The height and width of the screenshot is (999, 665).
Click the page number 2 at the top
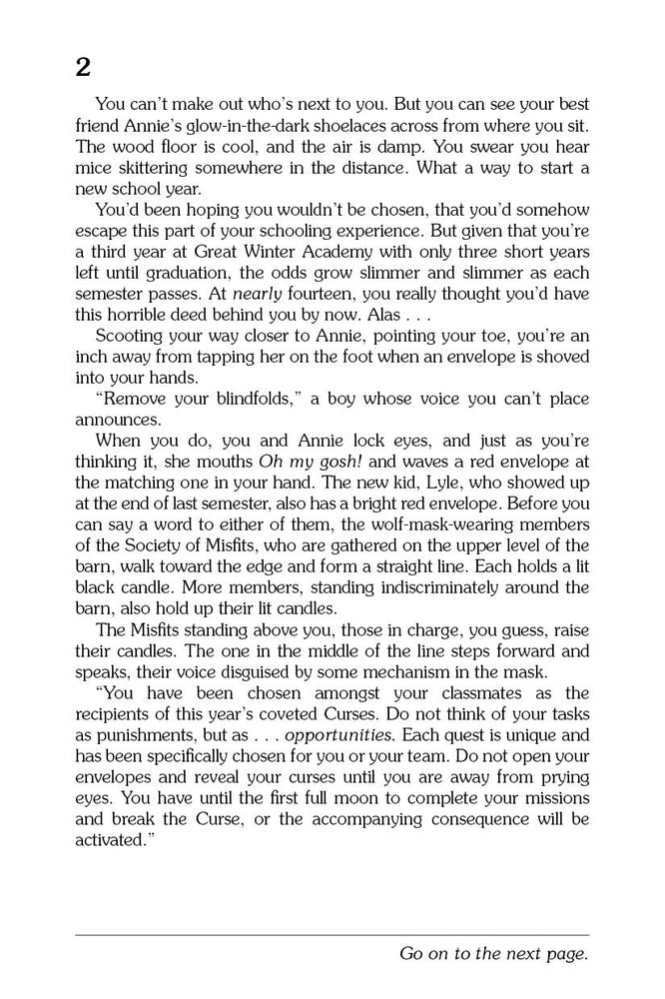point(82,67)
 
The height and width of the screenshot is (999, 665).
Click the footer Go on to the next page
point(493,954)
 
